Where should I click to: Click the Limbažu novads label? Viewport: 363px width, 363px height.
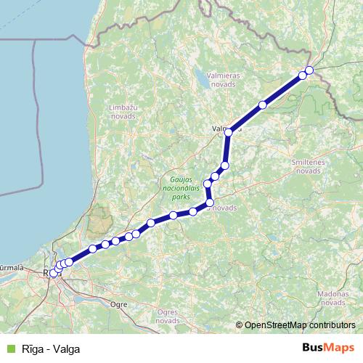tap(122, 111)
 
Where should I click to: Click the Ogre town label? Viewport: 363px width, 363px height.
tap(118, 306)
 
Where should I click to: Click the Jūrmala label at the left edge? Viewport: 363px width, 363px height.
tap(10, 267)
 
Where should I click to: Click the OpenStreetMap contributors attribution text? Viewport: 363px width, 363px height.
tap(300, 325)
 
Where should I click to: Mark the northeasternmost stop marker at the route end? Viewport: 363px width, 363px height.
tap(309, 70)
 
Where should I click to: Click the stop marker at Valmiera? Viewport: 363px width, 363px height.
tap(228, 132)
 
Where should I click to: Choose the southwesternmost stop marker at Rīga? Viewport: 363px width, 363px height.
tap(53, 273)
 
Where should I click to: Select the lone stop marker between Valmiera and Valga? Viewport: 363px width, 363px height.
tap(262, 105)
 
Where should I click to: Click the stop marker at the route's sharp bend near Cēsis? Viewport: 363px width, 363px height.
tap(209, 203)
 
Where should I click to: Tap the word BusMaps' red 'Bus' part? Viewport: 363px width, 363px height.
tap(314, 348)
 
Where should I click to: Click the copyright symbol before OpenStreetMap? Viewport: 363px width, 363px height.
tap(240, 325)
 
